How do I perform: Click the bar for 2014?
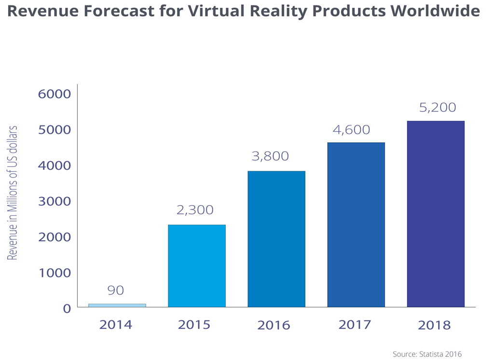117,305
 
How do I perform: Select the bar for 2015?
197,266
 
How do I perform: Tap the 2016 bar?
276,239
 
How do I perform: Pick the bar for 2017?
356,224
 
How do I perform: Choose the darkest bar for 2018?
436,214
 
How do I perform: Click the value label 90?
116,291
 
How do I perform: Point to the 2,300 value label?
195,210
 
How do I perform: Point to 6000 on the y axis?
54,94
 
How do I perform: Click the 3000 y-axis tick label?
54,201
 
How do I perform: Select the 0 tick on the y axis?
67,308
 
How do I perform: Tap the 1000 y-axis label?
54,273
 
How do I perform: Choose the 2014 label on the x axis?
116,324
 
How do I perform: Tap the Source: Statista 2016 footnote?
427,354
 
